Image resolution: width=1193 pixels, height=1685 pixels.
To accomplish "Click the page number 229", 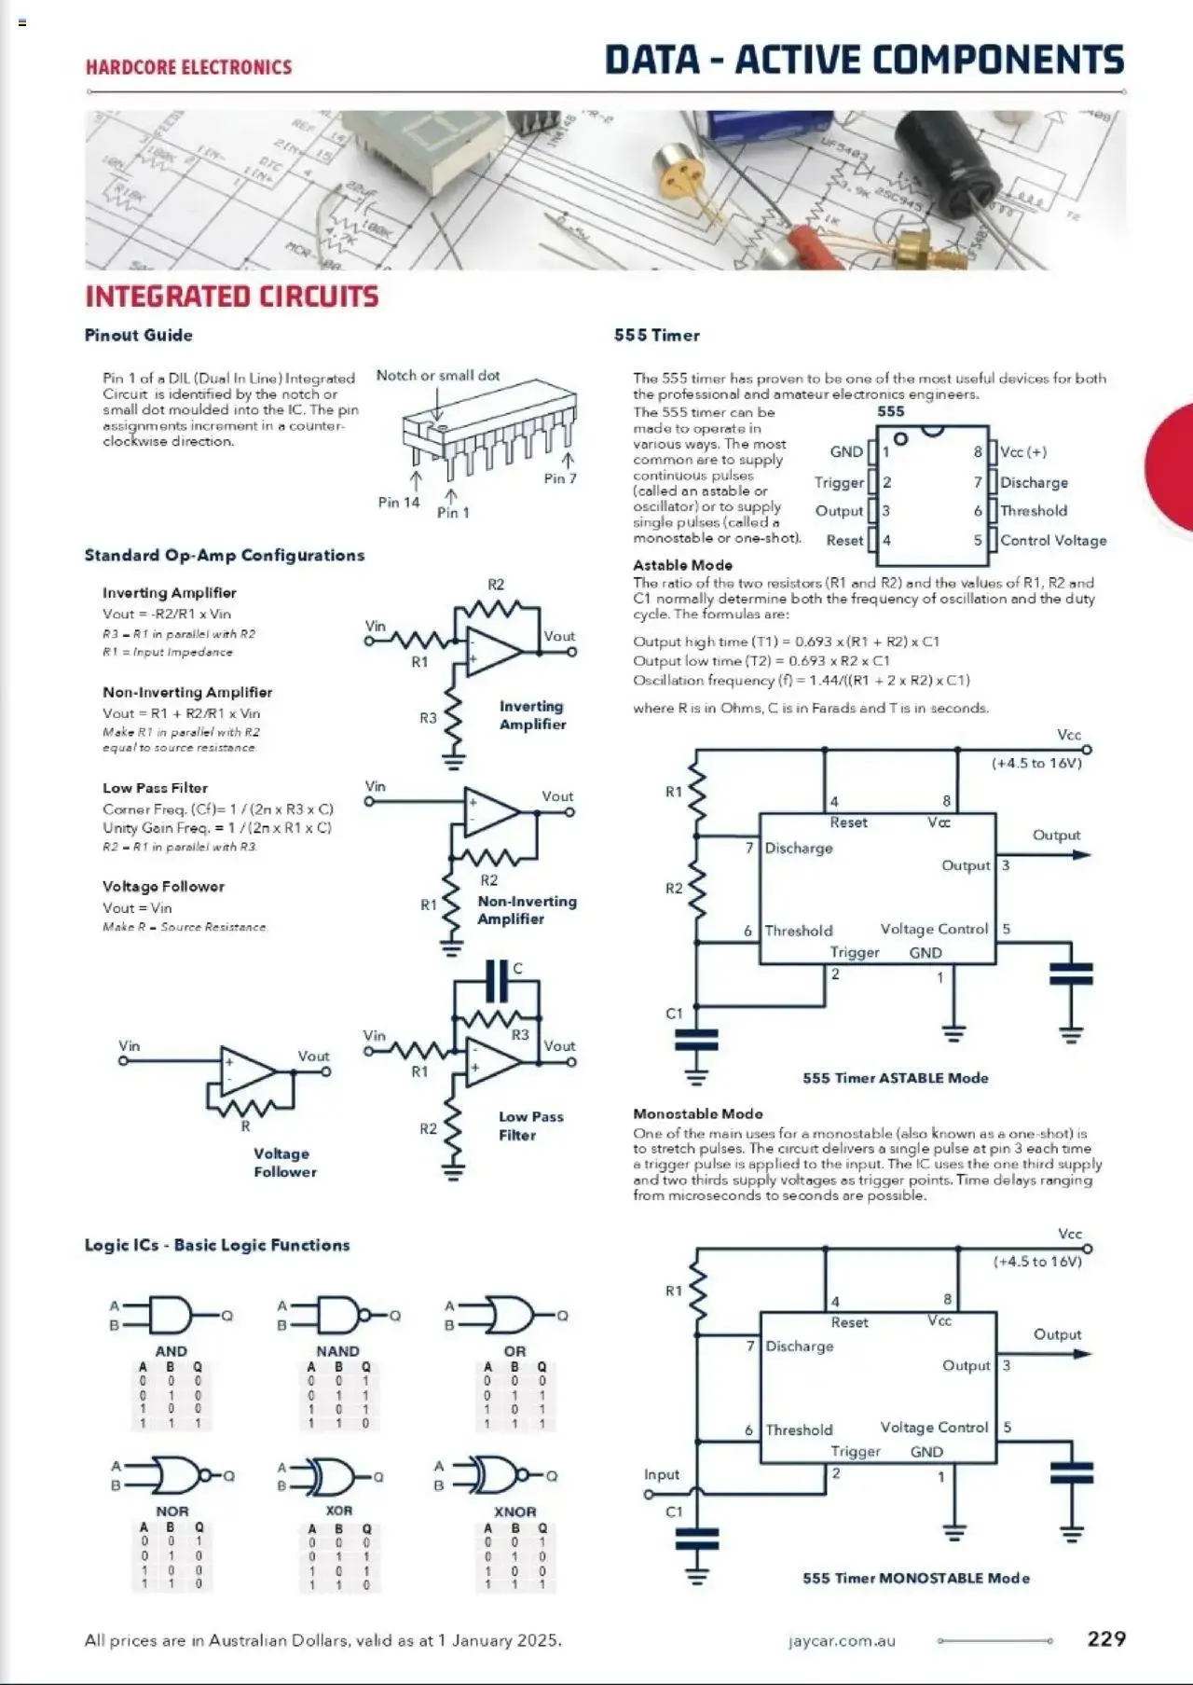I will [1106, 1638].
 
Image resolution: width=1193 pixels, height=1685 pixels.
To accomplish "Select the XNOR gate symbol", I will [499, 1475].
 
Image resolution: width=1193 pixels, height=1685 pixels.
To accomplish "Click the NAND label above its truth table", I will [337, 1351].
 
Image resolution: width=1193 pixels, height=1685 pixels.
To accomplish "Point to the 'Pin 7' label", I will [560, 478].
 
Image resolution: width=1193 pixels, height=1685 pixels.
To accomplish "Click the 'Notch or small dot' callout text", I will [438, 376].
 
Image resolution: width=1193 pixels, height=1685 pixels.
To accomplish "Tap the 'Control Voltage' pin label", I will [1053, 541].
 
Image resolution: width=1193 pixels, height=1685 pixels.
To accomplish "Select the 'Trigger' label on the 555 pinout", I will [839, 482].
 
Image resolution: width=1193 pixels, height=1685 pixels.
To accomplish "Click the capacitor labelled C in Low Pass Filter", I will [499, 981].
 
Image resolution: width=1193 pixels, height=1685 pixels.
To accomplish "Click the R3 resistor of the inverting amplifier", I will [454, 719].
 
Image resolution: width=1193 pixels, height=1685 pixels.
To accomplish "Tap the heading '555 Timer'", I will [656, 336].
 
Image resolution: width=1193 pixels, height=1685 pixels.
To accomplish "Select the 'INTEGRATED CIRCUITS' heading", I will [231, 297].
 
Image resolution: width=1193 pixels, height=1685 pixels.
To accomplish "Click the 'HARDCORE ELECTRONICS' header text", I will [188, 67].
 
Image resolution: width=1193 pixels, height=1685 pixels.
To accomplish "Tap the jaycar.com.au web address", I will [842, 1640].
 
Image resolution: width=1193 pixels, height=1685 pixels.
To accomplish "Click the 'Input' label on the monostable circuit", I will [661, 1474].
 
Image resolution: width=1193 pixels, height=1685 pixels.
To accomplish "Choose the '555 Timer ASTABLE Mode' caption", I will [895, 1078].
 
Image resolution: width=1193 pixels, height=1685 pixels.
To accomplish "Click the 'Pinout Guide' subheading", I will [138, 336].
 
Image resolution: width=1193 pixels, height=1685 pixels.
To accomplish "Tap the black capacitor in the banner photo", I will [951, 163].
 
